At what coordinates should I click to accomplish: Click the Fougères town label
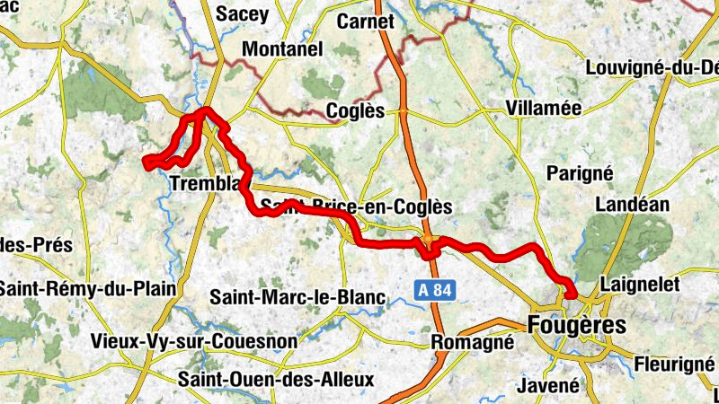point(576,324)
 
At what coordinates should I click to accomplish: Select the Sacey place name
point(243,14)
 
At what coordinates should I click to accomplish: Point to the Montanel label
point(282,49)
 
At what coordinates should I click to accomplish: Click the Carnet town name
point(365,21)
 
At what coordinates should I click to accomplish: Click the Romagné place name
point(473,342)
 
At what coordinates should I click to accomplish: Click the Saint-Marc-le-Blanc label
point(297,297)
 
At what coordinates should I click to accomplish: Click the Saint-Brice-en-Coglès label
point(356,207)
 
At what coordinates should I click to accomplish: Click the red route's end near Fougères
point(570,295)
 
